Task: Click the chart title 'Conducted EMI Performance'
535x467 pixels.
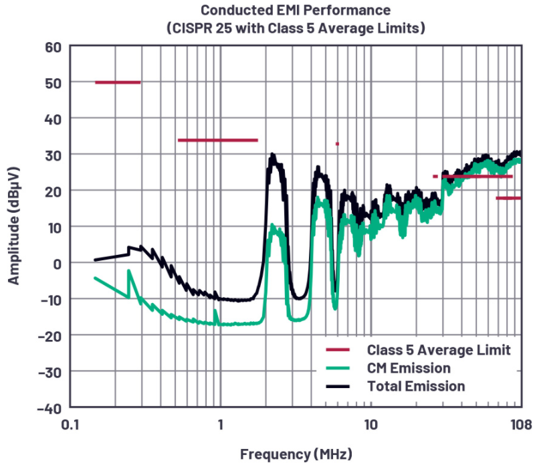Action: click(x=295, y=11)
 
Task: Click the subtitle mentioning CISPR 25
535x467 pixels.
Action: click(x=295, y=29)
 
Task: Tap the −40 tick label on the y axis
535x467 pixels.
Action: click(x=49, y=407)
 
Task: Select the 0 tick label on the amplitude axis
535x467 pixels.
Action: click(x=57, y=263)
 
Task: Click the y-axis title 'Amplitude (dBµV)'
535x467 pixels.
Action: click(x=14, y=227)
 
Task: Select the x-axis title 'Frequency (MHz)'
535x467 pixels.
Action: click(x=295, y=454)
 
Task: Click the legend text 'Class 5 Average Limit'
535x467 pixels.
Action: click(x=439, y=350)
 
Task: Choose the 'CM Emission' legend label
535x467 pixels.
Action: click(x=408, y=368)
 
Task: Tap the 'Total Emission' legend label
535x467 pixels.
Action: click(x=415, y=386)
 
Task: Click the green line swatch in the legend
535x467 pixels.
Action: click(x=338, y=368)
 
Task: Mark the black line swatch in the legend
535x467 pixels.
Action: click(x=338, y=386)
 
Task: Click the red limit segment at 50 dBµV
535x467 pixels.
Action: click(x=118, y=82)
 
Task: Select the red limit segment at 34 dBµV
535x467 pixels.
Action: click(x=217, y=140)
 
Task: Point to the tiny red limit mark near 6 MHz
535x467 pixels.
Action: click(x=337, y=144)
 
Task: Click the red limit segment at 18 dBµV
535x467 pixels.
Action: click(x=508, y=198)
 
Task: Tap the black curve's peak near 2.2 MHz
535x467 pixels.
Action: click(x=272, y=156)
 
